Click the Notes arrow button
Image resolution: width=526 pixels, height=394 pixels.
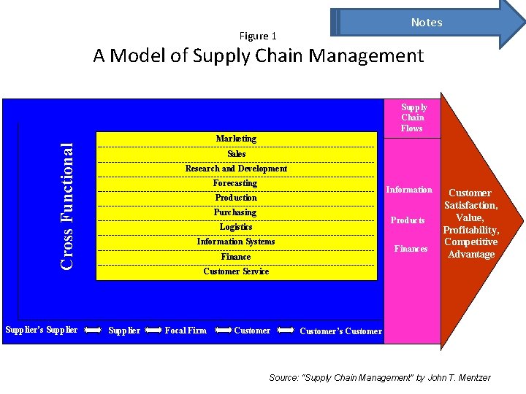click(x=427, y=22)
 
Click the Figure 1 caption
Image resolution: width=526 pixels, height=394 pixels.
click(x=258, y=36)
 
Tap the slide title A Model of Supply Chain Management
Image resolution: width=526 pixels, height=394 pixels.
click(x=258, y=55)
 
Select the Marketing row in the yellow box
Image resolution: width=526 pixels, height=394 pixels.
click(x=236, y=139)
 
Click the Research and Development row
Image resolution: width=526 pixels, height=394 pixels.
click(x=236, y=169)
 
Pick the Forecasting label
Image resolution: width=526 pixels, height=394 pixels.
click(x=235, y=183)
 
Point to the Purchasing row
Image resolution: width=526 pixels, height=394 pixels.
click(x=235, y=212)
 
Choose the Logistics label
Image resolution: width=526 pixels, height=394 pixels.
click(x=236, y=227)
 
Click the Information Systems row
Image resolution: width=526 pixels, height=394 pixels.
click(x=236, y=242)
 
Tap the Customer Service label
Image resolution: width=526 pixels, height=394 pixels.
click(x=236, y=271)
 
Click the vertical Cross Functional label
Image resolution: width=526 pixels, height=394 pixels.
click(x=67, y=206)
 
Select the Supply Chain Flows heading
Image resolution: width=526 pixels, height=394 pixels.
click(x=412, y=117)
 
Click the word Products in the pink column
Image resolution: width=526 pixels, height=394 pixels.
click(x=408, y=220)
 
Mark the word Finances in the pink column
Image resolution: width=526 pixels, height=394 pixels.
click(x=411, y=249)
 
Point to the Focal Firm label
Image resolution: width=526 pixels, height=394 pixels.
click(x=186, y=331)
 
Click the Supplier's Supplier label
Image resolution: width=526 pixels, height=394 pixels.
click(x=42, y=330)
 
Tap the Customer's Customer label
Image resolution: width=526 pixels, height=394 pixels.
click(x=340, y=331)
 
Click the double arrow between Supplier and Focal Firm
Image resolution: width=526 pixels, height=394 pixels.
click(x=153, y=331)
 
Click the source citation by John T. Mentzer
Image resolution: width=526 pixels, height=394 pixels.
click(x=380, y=377)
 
